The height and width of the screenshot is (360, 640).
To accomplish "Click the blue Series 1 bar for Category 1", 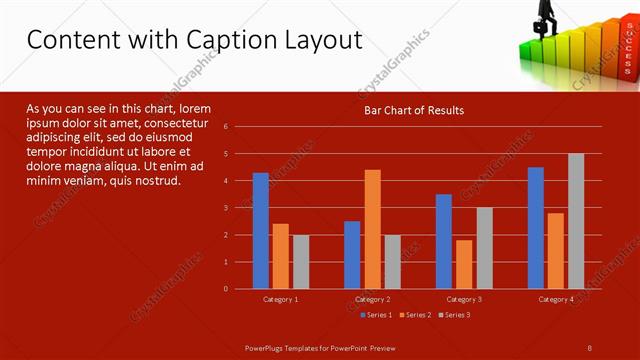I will pyautogui.click(x=261, y=231).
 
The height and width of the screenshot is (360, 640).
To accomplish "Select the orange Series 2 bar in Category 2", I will pyautogui.click(x=372, y=229).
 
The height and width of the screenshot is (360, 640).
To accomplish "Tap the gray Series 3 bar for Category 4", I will pyautogui.click(x=576, y=221).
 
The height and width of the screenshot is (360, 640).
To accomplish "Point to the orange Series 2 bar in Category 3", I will pyautogui.click(x=464, y=264).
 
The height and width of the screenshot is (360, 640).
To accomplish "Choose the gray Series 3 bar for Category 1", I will pyautogui.click(x=301, y=262).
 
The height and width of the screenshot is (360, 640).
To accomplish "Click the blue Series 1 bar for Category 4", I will pyautogui.click(x=536, y=228).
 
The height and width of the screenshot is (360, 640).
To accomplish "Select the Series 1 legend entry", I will pyautogui.click(x=374, y=315).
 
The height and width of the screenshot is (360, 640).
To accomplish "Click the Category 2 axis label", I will pyautogui.click(x=372, y=299).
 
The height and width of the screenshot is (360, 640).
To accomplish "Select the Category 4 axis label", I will pyautogui.click(x=556, y=299).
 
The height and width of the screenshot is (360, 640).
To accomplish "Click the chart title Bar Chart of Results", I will pyautogui.click(x=413, y=110).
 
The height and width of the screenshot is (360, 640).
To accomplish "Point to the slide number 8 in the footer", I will pyautogui.click(x=590, y=347).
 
